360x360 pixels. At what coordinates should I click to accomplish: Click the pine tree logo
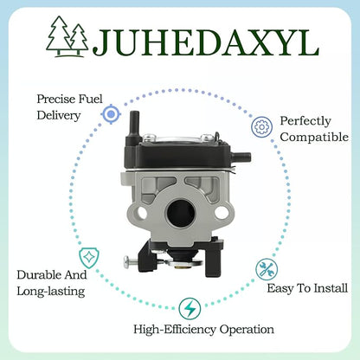click(67, 36)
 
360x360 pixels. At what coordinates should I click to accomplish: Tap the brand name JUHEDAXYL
click(206, 42)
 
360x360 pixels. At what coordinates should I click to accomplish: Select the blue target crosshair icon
click(111, 114)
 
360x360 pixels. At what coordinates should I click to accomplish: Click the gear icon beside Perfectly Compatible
click(261, 126)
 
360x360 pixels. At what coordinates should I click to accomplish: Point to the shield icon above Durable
click(89, 258)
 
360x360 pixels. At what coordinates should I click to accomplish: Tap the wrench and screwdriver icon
click(267, 269)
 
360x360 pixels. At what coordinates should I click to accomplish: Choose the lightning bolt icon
click(190, 309)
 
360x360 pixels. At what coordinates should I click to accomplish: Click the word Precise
click(55, 99)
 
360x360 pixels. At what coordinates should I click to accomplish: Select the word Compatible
click(314, 138)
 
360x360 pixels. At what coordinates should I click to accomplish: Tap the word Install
click(331, 288)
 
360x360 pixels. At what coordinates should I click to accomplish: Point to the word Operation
click(247, 330)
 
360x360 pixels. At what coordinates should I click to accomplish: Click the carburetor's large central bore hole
click(181, 214)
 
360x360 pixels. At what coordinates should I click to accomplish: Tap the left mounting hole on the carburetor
click(142, 213)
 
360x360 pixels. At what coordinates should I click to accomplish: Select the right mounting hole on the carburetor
click(222, 213)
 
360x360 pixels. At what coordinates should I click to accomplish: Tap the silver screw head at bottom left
click(126, 261)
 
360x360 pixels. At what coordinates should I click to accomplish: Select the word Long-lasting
click(51, 292)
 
